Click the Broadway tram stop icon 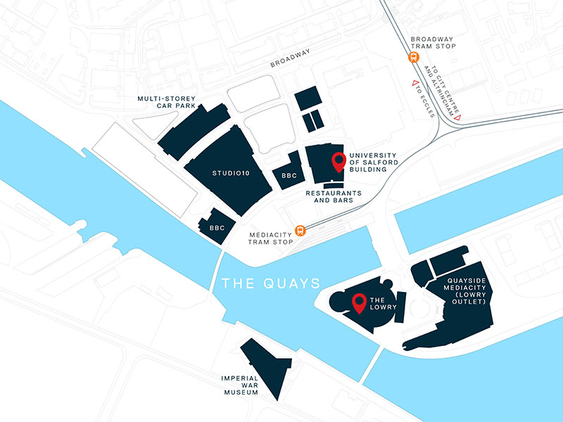tap(414, 59)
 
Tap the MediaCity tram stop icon tap(301, 229)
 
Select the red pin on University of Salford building tap(339, 162)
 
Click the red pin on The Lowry tap(359, 303)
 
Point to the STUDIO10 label tap(230, 172)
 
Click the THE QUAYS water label tap(271, 283)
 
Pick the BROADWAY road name tap(291, 60)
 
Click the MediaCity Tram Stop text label tap(271, 238)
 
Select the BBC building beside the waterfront tap(217, 226)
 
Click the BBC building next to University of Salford tap(289, 173)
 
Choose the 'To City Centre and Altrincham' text tap(442, 90)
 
